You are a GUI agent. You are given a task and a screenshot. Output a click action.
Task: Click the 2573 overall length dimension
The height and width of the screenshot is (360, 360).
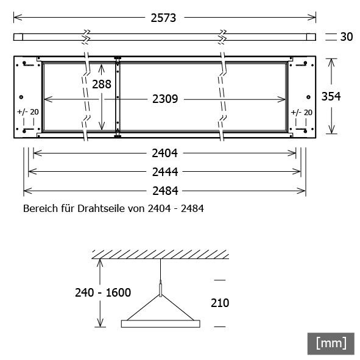coord(163,18)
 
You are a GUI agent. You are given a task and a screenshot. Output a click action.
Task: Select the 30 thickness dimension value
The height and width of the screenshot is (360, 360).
coord(346,37)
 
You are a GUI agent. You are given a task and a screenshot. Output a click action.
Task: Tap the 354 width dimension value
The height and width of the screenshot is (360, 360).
coord(331,96)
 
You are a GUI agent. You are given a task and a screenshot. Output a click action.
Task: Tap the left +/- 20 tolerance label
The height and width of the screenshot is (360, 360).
coord(27,112)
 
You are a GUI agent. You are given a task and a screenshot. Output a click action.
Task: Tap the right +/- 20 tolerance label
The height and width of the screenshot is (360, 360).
coord(302,112)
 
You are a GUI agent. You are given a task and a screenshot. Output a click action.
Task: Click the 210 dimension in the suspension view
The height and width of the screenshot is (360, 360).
coord(219,303)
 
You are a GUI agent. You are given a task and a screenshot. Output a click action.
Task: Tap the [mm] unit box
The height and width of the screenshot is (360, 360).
coord(331,343)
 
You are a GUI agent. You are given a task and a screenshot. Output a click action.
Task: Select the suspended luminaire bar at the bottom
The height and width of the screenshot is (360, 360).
coord(160,323)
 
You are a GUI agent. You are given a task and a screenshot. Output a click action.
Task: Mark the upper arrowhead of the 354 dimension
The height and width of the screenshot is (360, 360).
coord(331,62)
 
